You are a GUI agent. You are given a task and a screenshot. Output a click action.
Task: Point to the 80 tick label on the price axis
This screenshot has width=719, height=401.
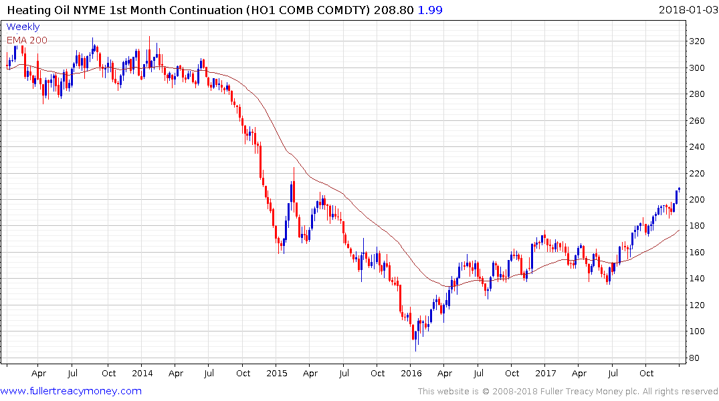pos(696,358)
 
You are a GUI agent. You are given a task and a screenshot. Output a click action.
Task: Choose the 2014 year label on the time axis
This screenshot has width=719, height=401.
pos(142,374)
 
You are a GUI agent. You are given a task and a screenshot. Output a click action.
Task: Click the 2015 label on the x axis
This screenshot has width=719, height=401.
pos(277,374)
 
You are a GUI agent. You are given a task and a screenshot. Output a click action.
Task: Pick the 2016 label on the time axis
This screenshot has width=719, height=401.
pos(411,374)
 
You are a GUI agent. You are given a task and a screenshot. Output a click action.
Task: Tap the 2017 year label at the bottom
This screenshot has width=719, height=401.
pos(546,374)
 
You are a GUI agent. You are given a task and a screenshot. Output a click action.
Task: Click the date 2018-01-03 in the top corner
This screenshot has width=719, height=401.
pos(686,10)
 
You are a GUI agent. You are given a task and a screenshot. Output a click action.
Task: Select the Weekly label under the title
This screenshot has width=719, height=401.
pos(23,27)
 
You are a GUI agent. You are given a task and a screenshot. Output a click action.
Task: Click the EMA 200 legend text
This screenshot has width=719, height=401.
pos(27,40)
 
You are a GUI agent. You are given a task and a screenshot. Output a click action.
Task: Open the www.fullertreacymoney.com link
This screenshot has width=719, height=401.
pos(71,391)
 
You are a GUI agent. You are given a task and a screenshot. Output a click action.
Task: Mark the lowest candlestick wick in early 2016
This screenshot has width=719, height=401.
pos(415,350)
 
